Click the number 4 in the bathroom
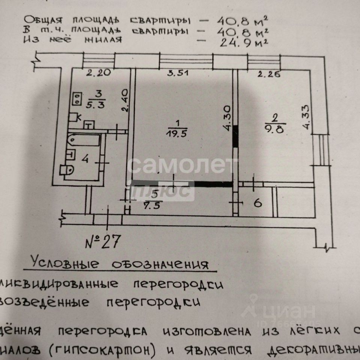(x=85, y=160)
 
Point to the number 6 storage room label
(x=257, y=204)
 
